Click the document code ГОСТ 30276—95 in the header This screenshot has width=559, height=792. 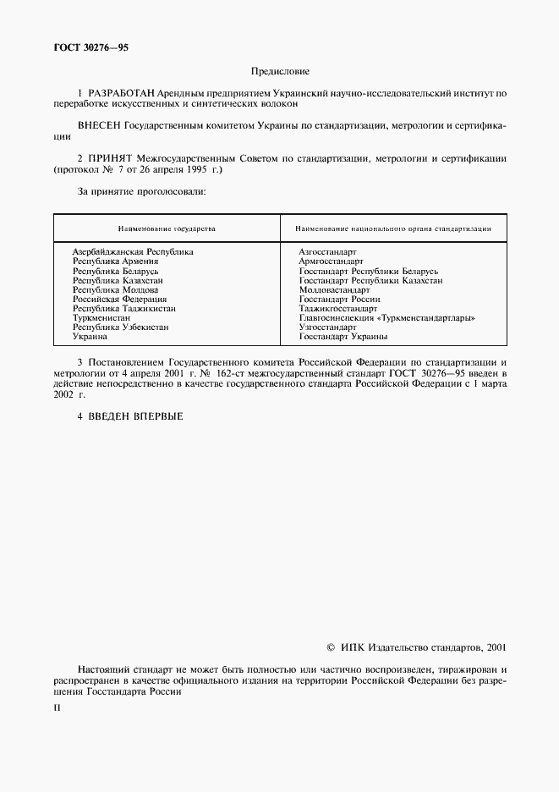coord(91,49)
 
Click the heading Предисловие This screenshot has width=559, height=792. coord(280,73)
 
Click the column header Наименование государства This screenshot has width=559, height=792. coord(167,228)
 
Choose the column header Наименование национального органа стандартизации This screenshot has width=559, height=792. coord(393,228)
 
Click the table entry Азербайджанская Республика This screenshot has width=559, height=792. coord(133,252)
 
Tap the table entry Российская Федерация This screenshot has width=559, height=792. coord(119,299)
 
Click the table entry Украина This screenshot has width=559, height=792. coord(90,337)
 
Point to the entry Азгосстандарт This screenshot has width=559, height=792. coord(328,252)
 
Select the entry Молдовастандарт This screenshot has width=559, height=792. coord(335,289)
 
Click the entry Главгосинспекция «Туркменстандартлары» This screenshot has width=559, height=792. coord(386,318)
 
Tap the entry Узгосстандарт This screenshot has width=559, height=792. coord(328,327)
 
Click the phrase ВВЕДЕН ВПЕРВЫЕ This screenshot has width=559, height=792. coord(136,415)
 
